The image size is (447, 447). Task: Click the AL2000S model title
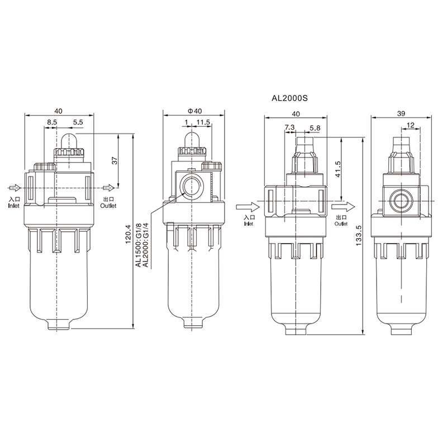click(x=289, y=99)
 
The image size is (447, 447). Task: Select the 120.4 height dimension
click(x=128, y=234)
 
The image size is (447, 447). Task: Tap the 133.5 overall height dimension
click(x=359, y=236)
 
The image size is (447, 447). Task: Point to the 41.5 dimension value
click(x=339, y=170)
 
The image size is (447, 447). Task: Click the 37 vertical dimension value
click(x=115, y=160)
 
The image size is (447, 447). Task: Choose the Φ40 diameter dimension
click(x=194, y=111)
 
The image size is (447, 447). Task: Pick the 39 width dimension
click(x=401, y=113)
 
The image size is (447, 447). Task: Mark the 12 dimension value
click(x=411, y=125)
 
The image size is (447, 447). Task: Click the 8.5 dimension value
click(x=52, y=122)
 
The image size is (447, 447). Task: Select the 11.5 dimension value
click(x=203, y=122)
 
